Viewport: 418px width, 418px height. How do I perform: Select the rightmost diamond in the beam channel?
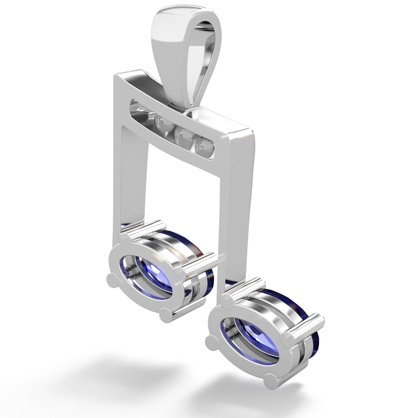coord(206,145)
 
